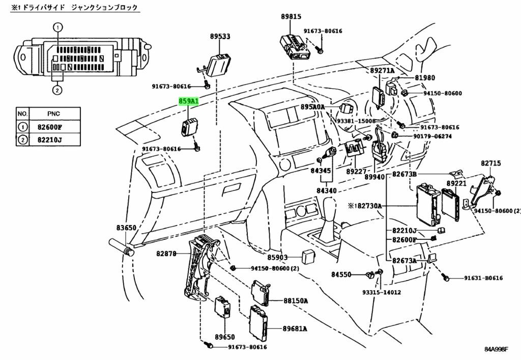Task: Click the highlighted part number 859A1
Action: point(188,101)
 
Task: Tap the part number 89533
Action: point(220,36)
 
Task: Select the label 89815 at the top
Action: point(291,16)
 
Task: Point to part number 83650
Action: point(126,228)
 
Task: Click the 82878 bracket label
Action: point(167,253)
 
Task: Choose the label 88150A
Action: point(296,301)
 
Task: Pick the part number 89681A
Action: point(295,328)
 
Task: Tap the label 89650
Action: point(224,337)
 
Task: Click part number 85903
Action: point(278,258)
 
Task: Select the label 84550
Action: point(341,274)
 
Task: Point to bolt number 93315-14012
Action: point(382,292)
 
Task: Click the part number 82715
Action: point(491,163)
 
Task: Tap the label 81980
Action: point(425,78)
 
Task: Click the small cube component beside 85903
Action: point(307,256)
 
